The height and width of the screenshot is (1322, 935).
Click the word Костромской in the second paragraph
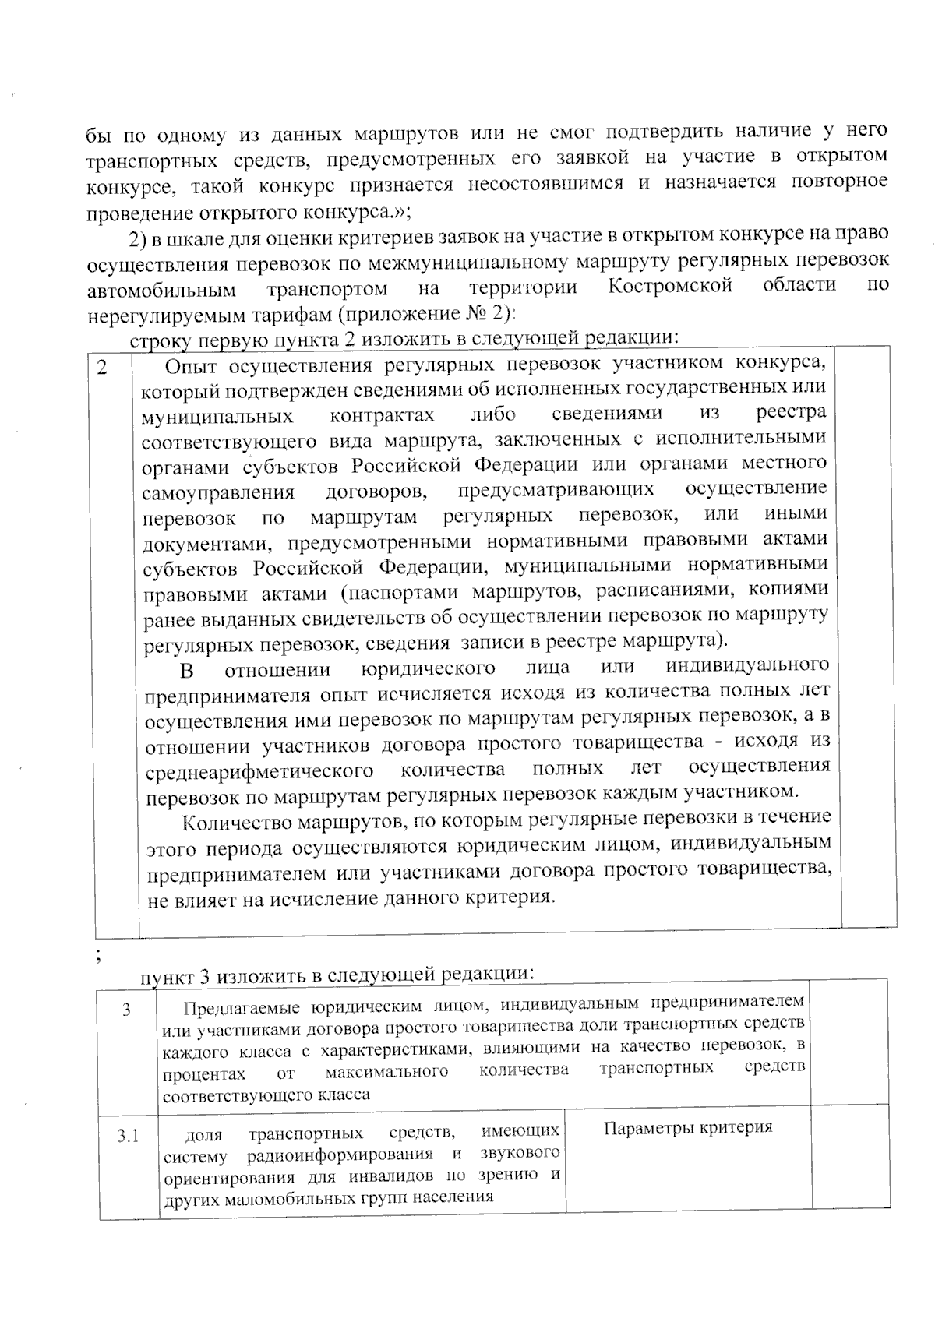tap(669, 286)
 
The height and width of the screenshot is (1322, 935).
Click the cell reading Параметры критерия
tap(688, 1127)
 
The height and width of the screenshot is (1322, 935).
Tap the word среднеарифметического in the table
tap(259, 771)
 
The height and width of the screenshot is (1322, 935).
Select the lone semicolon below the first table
tap(97, 956)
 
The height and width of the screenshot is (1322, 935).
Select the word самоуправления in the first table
tap(218, 493)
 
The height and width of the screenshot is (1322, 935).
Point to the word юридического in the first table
tap(429, 669)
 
